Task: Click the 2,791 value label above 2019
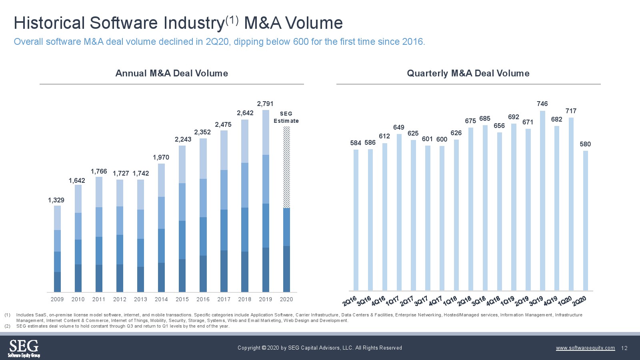click(265, 104)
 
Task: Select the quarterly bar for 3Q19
click(542, 200)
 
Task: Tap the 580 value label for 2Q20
click(585, 144)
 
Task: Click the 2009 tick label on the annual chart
click(57, 299)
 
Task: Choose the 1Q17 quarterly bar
click(399, 212)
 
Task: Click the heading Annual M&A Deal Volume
click(172, 73)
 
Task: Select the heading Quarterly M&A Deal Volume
click(468, 73)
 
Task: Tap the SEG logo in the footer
click(24, 348)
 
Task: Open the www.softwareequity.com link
click(585, 348)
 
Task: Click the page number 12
click(624, 348)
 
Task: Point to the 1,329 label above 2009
click(56, 200)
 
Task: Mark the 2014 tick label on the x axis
click(161, 299)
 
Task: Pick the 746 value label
click(542, 104)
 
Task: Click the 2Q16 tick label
click(350, 301)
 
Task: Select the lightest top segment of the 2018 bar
click(245, 141)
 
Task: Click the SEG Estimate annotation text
click(286, 117)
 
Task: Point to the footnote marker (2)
click(7, 326)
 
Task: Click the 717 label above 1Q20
click(571, 111)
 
